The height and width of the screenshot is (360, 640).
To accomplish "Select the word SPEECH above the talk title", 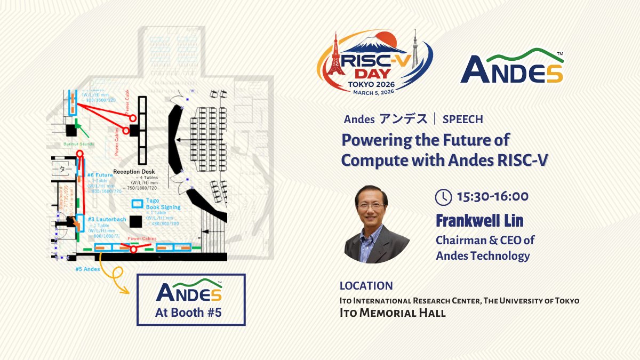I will click(462, 119).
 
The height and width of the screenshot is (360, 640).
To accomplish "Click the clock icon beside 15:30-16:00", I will click(443, 197).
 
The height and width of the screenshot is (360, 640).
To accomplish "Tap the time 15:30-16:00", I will click(492, 197).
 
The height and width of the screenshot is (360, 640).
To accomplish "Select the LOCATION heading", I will click(366, 286).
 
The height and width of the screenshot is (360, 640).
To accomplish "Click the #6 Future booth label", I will click(100, 175).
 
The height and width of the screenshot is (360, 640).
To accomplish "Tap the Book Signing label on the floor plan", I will click(163, 207).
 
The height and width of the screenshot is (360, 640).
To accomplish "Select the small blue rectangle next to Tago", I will click(138, 203).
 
